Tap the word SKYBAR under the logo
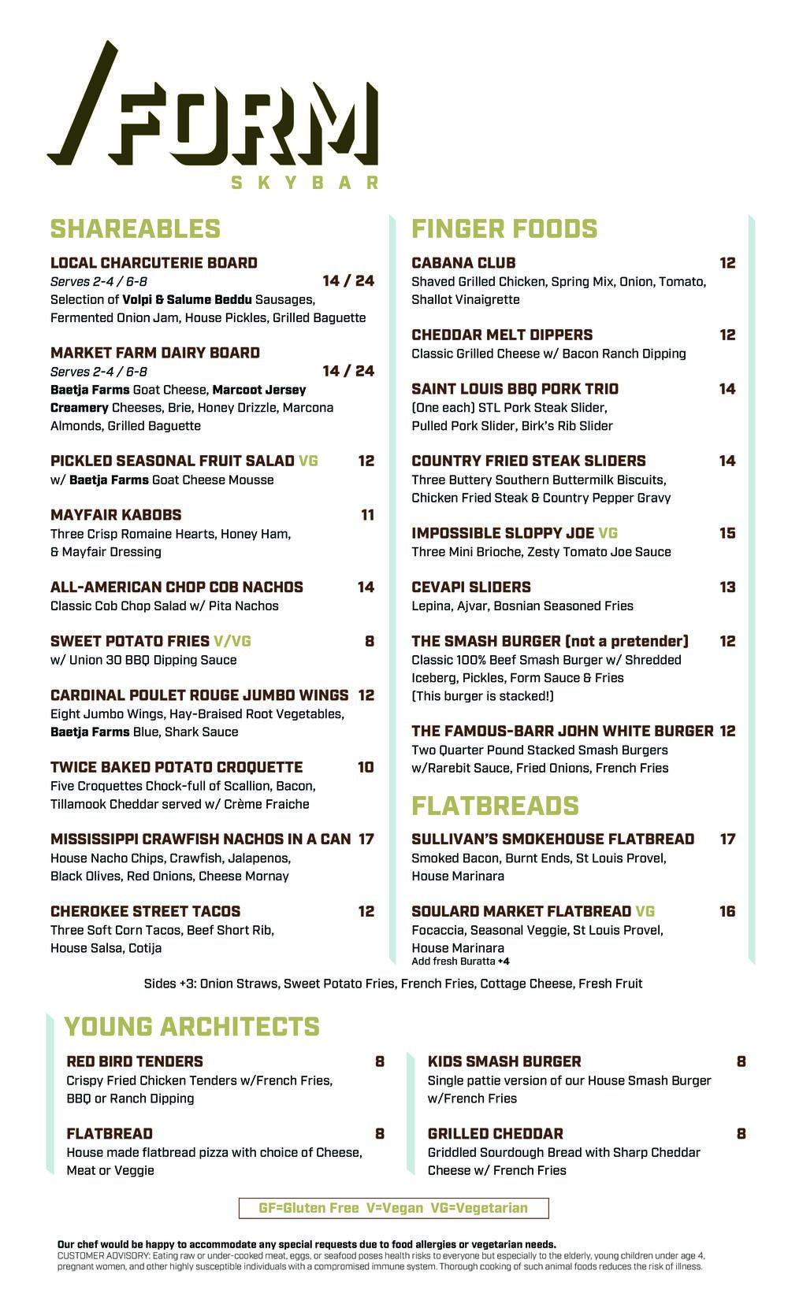pos(304,183)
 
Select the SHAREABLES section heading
pos(135,228)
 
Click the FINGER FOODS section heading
pos(504,228)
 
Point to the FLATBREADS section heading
pos(495,806)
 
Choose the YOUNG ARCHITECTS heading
pos(191,1026)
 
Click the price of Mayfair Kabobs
pos(367,515)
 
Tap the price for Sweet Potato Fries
pos(369,641)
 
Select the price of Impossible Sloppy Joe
pos(727,533)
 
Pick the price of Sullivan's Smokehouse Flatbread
pos(727,839)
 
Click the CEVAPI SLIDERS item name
pos(471,587)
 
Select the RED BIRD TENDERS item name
pos(135,1062)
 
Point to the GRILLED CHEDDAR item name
pos(495,1134)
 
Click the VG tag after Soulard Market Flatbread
pos(645,911)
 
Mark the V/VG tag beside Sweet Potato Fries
pos(232,641)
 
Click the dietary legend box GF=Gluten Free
pos(393,1208)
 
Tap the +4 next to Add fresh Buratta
pos(504,962)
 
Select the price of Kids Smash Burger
pos(741,1062)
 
